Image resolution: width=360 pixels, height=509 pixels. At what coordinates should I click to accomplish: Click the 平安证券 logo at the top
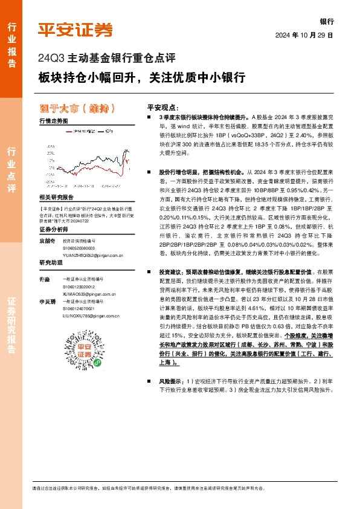76,30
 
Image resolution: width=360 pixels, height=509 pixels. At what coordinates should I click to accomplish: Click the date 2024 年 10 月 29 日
304,35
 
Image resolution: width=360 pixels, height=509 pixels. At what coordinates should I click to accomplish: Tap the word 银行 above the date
326,21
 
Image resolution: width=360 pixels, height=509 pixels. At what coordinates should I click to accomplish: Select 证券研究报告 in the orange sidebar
11,326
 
